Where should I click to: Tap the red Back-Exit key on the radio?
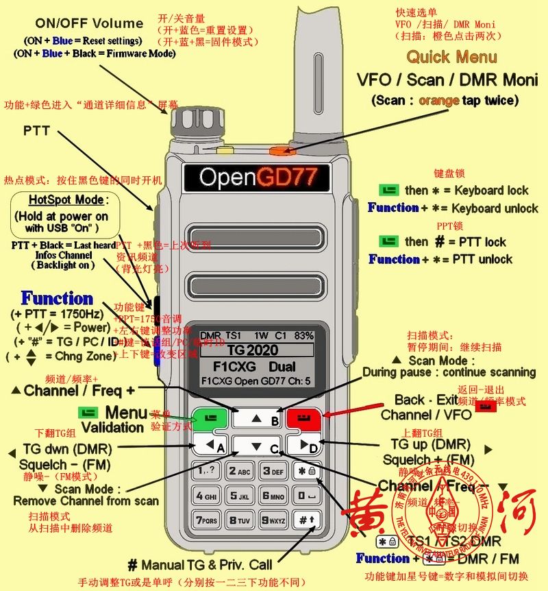click(x=301, y=418)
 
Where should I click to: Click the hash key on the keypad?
click(x=302, y=520)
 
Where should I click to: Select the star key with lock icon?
click(x=302, y=472)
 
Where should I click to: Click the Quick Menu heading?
click(x=451, y=57)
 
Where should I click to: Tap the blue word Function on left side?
click(x=57, y=299)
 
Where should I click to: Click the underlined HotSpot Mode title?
click(x=66, y=200)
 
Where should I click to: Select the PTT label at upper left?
click(x=37, y=130)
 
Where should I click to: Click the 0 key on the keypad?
click(x=302, y=496)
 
